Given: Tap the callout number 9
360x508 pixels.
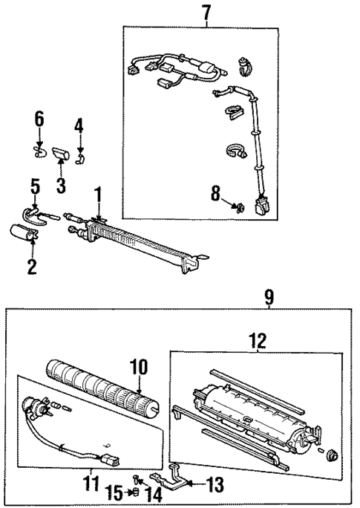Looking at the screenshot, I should click(x=269, y=297).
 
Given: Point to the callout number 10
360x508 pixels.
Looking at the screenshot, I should click(x=140, y=368).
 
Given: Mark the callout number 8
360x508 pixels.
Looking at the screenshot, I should click(x=215, y=195).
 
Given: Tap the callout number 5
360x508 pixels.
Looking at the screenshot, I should click(x=34, y=183).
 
